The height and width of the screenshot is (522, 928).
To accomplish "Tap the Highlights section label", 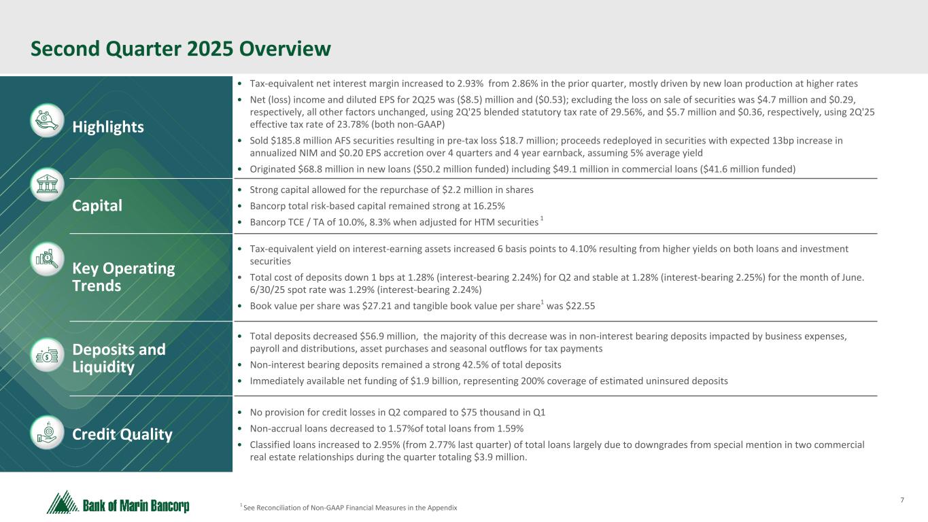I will (108, 127).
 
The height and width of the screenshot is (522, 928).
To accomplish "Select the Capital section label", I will (97, 205).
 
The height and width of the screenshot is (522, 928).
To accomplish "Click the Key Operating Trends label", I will (124, 277).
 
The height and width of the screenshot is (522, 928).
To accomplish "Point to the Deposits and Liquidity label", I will (119, 358).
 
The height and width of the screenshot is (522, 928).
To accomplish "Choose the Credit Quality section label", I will (122, 434).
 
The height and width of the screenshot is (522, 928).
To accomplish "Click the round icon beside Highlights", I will (48, 120).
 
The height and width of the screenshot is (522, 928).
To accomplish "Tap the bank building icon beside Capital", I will (48, 184).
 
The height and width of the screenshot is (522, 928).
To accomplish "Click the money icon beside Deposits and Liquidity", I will (48, 355).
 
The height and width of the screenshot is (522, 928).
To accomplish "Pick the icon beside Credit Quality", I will (48, 432).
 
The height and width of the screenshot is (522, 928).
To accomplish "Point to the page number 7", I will (902, 501).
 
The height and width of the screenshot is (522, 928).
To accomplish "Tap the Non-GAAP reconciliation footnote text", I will (349, 508).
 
